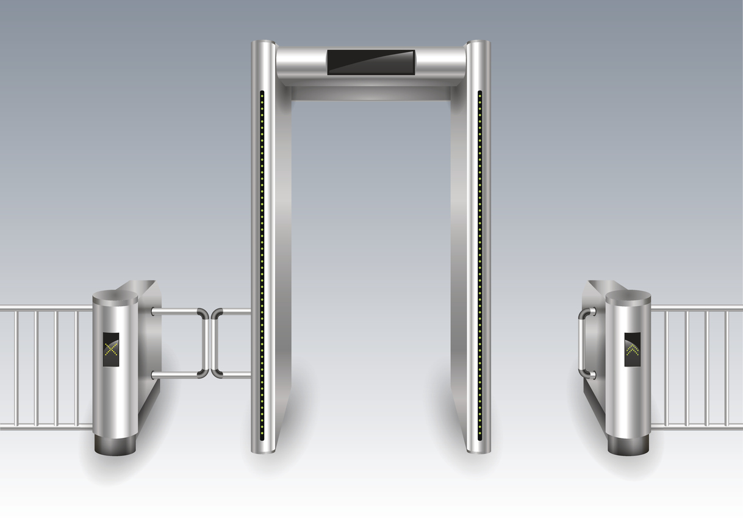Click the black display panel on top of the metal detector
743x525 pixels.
(x=371, y=62)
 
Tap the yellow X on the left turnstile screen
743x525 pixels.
(x=111, y=349)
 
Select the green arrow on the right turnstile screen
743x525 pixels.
(x=633, y=349)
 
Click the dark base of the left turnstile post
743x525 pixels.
(x=115, y=444)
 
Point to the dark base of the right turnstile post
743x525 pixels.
(x=628, y=444)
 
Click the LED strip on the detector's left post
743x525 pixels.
(x=262, y=262)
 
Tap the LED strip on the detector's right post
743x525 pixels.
(x=479, y=262)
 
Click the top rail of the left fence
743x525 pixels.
(x=46, y=308)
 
